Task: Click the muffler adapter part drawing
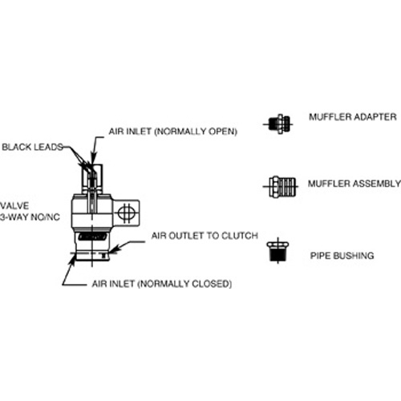click(279, 124)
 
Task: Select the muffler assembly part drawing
click(282, 187)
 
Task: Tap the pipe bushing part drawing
click(278, 251)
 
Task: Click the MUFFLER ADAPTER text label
click(353, 117)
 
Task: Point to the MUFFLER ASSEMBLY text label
click(354, 184)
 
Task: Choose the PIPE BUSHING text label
click(342, 256)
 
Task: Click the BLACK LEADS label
click(33, 147)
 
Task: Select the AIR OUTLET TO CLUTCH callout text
click(205, 236)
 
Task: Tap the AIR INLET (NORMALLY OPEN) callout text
click(172, 132)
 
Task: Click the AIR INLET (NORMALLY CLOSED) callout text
click(162, 284)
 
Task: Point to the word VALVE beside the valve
click(14, 206)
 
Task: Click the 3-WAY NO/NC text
click(30, 217)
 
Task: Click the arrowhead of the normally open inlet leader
click(93, 159)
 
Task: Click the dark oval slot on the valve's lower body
click(92, 237)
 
